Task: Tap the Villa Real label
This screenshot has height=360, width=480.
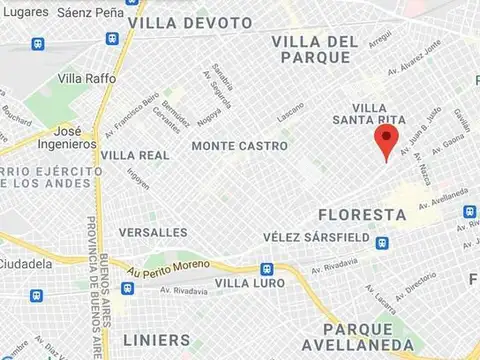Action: click(x=135, y=155)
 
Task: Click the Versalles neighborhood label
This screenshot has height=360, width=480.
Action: click(x=153, y=232)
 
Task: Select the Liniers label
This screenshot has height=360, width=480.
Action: click(x=156, y=340)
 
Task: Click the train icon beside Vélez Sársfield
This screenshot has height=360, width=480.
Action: click(x=381, y=240)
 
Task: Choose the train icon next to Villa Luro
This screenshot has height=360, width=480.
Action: click(x=266, y=269)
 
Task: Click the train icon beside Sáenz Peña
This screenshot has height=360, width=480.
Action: click(x=112, y=38)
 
